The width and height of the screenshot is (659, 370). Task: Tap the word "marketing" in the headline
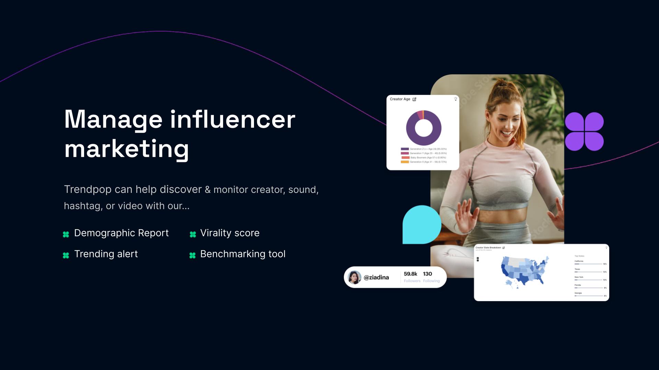pyautogui.click(x=126, y=149)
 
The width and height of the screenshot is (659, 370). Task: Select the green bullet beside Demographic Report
pyautogui.click(x=66, y=234)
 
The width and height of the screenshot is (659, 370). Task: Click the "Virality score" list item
pyautogui.click(x=230, y=233)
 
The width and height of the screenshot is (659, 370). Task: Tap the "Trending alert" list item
pyautogui.click(x=106, y=254)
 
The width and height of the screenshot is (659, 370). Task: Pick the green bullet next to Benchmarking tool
pyautogui.click(x=193, y=255)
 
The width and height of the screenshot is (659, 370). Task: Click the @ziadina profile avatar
pyautogui.click(x=354, y=277)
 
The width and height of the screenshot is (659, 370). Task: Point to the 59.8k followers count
pyautogui.click(x=411, y=274)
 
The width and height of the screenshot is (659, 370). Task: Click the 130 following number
pyautogui.click(x=427, y=274)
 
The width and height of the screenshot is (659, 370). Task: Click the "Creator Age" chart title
pyautogui.click(x=400, y=99)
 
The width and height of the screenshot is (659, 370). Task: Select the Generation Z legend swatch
pyautogui.click(x=405, y=149)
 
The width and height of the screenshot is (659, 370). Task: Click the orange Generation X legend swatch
pyautogui.click(x=405, y=162)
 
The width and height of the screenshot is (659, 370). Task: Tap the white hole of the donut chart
pyautogui.click(x=424, y=128)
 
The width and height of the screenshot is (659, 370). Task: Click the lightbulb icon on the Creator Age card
pyautogui.click(x=455, y=99)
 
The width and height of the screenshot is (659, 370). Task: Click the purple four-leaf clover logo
pyautogui.click(x=584, y=132)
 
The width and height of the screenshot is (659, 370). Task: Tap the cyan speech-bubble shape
pyautogui.click(x=421, y=225)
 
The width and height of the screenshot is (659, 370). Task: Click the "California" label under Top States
pyautogui.click(x=579, y=261)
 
